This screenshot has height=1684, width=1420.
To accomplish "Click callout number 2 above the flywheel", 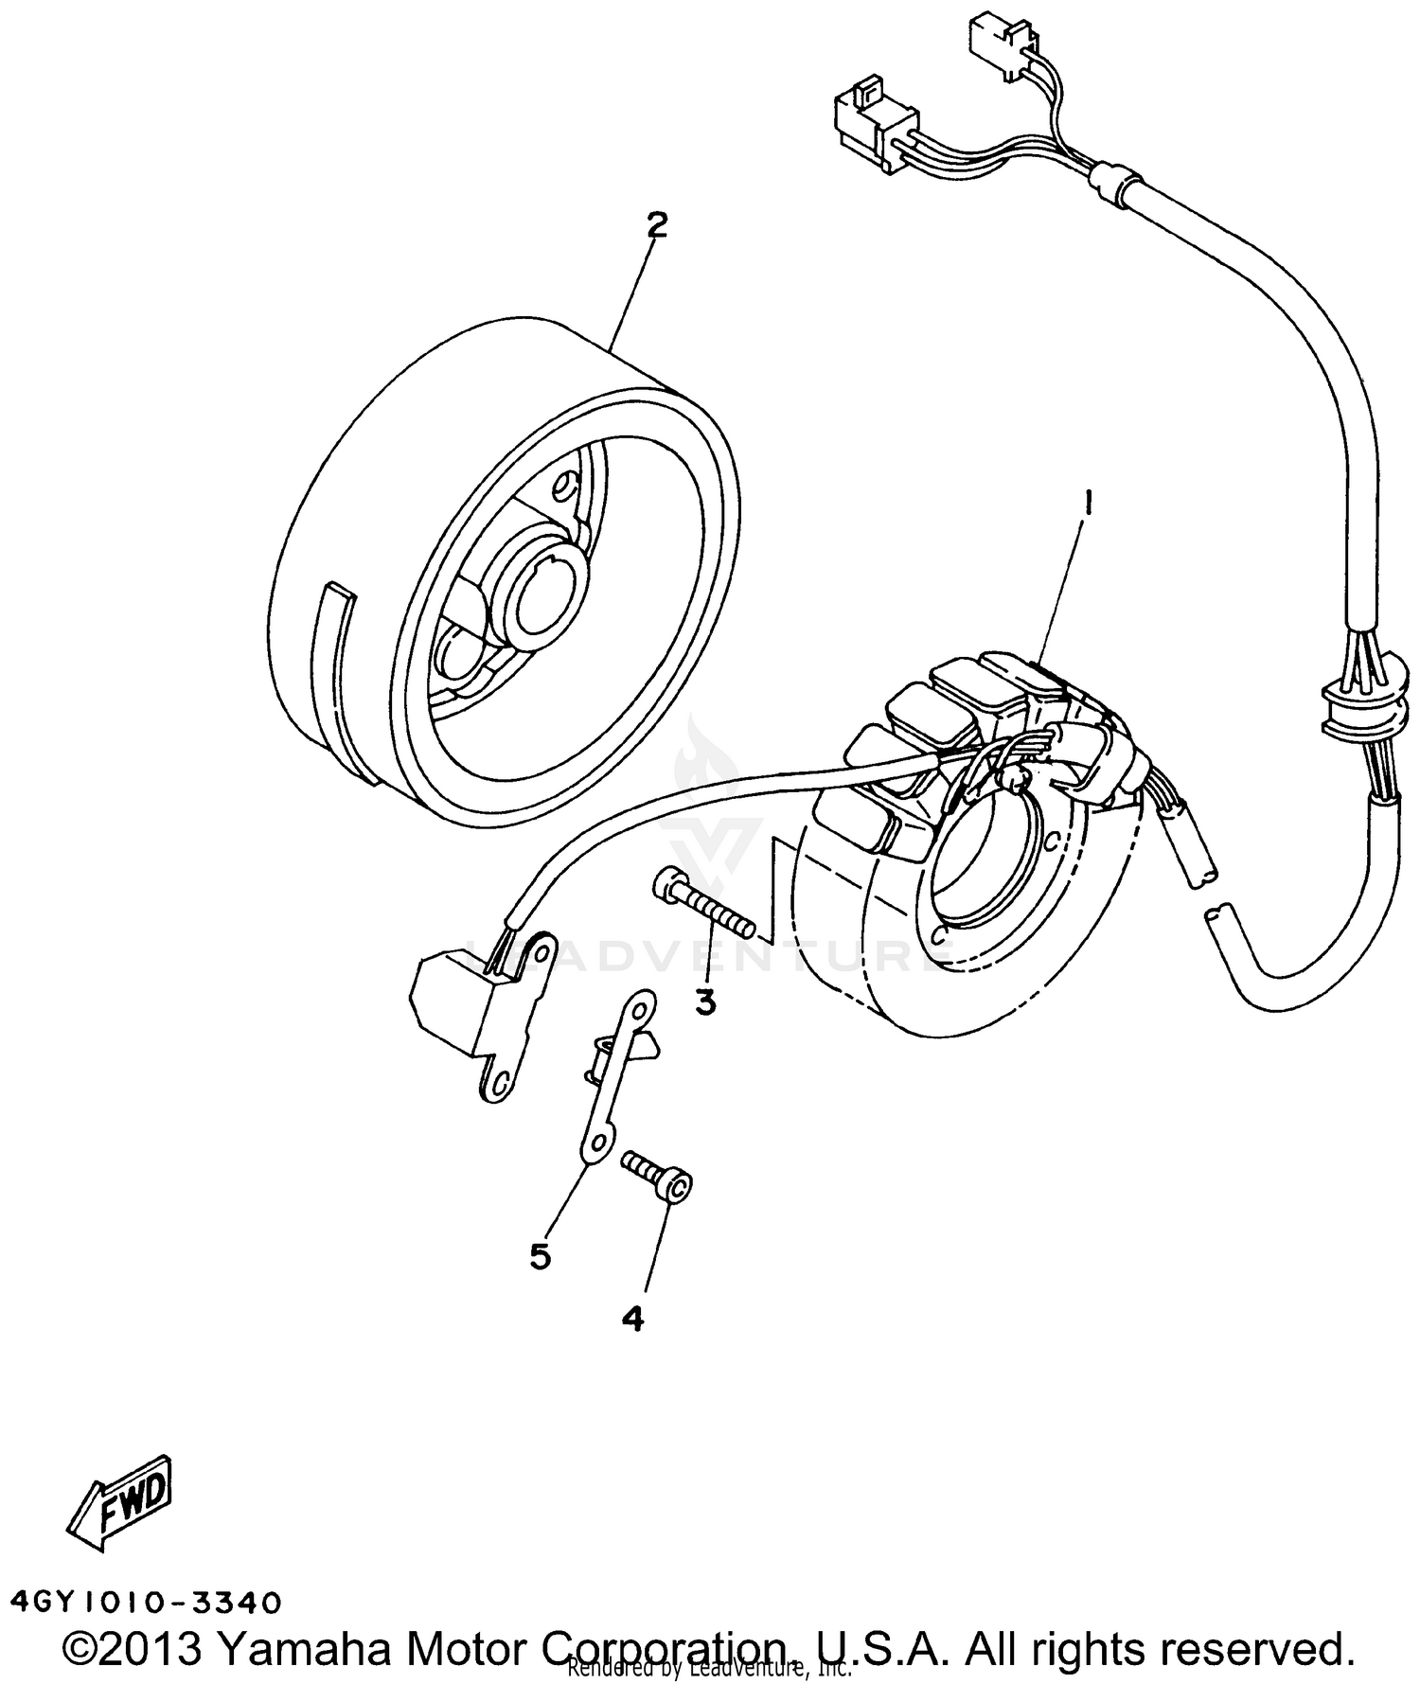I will [657, 225].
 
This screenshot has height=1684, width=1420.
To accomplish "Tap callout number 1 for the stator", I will [1090, 502].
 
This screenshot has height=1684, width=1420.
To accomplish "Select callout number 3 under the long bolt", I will [706, 1002].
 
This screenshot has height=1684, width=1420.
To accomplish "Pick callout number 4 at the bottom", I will [633, 1317].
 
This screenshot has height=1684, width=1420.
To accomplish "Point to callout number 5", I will [540, 1256].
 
